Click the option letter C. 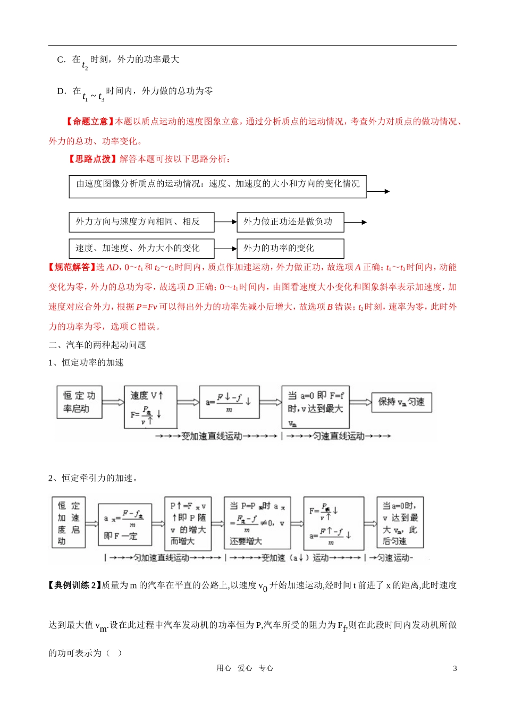point(61,59)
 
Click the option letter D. point(61,91)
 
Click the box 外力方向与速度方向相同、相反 point(141,222)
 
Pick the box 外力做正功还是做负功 point(290,222)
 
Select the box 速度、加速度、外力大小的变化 point(141,248)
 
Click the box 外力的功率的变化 point(290,248)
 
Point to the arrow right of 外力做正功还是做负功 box point(356,223)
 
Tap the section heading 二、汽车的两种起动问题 point(97,345)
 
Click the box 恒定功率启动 point(79,402)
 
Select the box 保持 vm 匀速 point(401,402)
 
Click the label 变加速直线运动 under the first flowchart point(212,436)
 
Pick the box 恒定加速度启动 point(69,523)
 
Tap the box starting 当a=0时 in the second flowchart point(400,523)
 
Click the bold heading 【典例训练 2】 point(74,585)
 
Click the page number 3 point(454,668)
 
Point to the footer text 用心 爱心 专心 point(245,668)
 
